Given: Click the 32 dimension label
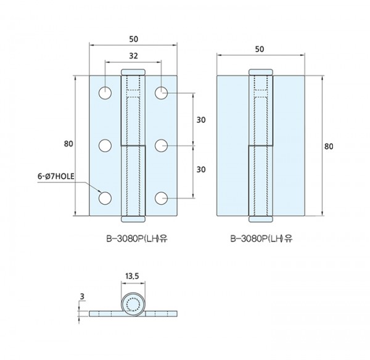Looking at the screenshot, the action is click(x=133, y=56).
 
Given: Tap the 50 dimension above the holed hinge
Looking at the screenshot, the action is click(x=134, y=39).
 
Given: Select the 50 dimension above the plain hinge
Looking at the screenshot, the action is click(x=260, y=49).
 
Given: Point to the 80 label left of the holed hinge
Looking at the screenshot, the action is click(x=68, y=144).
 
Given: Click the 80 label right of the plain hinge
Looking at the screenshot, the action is click(x=329, y=147).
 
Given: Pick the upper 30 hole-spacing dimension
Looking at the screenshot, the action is click(x=201, y=120).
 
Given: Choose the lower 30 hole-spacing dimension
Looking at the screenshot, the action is click(x=201, y=170).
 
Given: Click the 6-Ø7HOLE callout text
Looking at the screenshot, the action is click(x=56, y=176).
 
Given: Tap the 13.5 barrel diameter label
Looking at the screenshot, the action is click(x=132, y=276).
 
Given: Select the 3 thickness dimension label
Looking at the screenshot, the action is click(x=82, y=297).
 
